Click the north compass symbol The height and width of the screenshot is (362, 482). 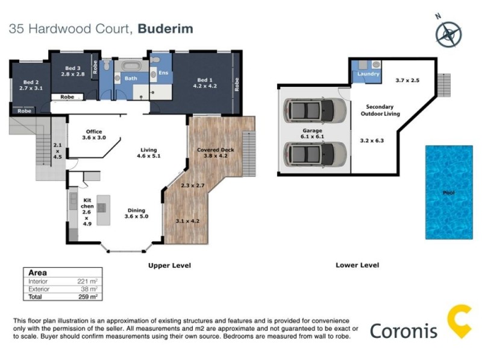(x=449, y=33)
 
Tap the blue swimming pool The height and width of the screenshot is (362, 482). (x=448, y=192)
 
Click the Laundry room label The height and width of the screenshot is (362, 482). (x=368, y=74)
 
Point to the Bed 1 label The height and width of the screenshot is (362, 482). (x=205, y=80)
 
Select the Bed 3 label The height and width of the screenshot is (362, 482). (x=72, y=69)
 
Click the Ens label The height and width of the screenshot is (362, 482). (x=163, y=73)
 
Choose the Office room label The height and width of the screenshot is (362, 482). (x=93, y=132)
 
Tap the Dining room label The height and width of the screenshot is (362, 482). (x=136, y=210)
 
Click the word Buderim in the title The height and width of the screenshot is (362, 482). (x=166, y=28)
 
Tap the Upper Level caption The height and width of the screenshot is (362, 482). (x=169, y=265)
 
